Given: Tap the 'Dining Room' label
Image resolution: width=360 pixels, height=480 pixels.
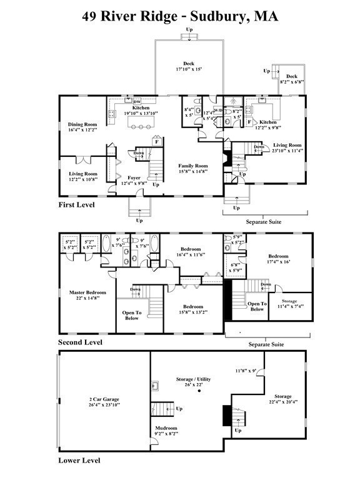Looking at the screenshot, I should tap(83, 124).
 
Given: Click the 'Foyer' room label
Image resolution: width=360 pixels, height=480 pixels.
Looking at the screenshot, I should tap(134, 177).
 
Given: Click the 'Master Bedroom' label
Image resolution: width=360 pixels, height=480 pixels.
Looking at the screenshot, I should tap(87, 292).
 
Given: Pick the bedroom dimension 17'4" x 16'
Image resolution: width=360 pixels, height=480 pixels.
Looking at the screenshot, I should tap(278, 262).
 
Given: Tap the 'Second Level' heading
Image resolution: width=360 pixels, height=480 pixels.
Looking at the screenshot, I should tap(79, 342).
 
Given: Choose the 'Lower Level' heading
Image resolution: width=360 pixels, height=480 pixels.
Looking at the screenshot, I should tap(78, 461).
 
